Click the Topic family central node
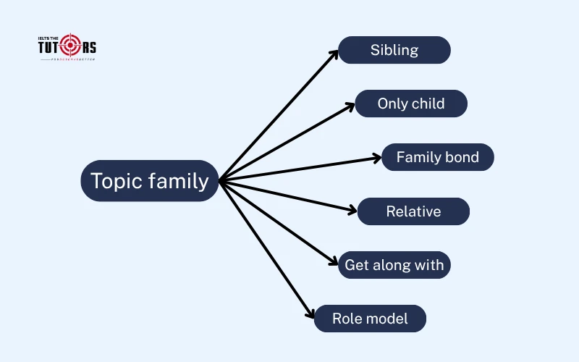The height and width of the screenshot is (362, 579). pyautogui.click(x=150, y=180)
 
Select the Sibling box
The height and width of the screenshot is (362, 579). pyautogui.click(x=394, y=50)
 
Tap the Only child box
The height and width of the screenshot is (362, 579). pyautogui.click(x=411, y=104)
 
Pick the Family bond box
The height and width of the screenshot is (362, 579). pyautogui.click(x=438, y=157)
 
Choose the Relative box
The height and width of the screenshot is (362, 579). pyautogui.click(x=413, y=211)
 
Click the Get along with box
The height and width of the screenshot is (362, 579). pyautogui.click(x=394, y=265)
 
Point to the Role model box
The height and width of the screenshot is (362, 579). pyautogui.click(x=370, y=319)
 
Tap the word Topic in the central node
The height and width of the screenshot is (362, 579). pyautogui.click(x=117, y=180)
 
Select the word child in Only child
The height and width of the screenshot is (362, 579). pyautogui.click(x=428, y=104)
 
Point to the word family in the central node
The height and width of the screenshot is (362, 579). pyautogui.click(x=179, y=180)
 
